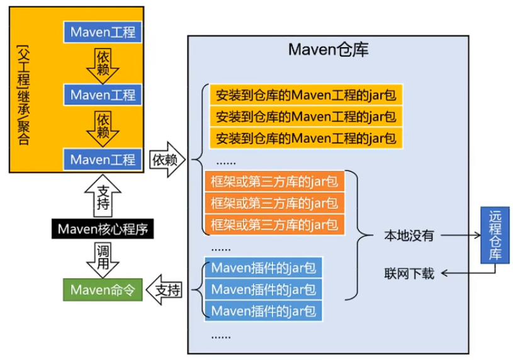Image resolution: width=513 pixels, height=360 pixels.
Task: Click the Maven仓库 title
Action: pyautogui.click(x=328, y=50)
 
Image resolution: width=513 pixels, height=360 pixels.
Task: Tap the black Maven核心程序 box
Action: pyautogui.click(x=103, y=228)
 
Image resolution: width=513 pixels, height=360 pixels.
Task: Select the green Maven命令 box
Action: pyautogui.click(x=103, y=290)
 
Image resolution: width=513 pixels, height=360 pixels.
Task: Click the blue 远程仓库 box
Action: pyautogui.click(x=495, y=235)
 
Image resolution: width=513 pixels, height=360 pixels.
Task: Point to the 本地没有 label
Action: pyautogui.click(x=409, y=235)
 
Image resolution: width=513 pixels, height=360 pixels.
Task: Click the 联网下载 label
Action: pyautogui.click(x=409, y=273)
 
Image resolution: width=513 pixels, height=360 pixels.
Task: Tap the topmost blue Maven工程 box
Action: pyautogui.click(x=103, y=32)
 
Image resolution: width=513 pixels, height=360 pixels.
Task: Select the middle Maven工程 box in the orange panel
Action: pyautogui.click(x=103, y=95)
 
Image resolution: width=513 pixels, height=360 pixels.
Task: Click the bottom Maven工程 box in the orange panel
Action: pyautogui.click(x=103, y=159)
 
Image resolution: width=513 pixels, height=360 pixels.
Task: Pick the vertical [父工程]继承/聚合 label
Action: pyautogui.click(x=23, y=95)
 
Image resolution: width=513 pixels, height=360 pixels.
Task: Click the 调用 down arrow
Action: pyautogui.click(x=103, y=259)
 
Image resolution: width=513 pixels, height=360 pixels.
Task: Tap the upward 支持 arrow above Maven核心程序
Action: pyautogui.click(x=103, y=196)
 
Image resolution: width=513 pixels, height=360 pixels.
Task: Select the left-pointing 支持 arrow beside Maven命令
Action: pyautogui.click(x=164, y=290)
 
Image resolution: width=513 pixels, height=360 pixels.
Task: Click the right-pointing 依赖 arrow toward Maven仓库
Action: pyautogui.click(x=167, y=160)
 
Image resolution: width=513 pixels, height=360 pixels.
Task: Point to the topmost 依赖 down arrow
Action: pyautogui.click(x=103, y=66)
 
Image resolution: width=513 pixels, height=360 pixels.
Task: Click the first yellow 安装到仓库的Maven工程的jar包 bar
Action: pyautogui.click(x=306, y=95)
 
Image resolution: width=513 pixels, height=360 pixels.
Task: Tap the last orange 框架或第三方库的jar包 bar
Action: pyautogui.click(x=274, y=225)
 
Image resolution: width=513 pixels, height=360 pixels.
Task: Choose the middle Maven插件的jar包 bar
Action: pyautogui.click(x=263, y=290)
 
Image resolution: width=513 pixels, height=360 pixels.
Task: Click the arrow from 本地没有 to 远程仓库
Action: pyautogui.click(x=461, y=235)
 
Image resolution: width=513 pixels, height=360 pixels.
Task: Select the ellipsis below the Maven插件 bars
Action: pyautogui.click(x=221, y=337)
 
